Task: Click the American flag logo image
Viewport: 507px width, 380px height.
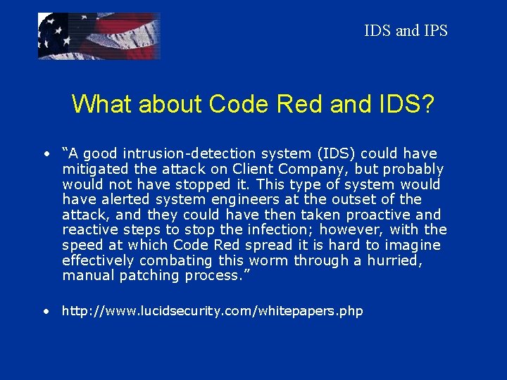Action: coord(99,36)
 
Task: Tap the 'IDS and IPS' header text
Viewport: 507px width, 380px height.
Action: coord(406,31)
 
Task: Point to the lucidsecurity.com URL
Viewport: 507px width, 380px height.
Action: coord(212,310)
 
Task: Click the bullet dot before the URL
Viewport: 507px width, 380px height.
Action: coord(45,310)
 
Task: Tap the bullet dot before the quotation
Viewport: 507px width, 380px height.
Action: coord(45,153)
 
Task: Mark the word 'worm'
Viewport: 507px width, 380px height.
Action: coord(272,260)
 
